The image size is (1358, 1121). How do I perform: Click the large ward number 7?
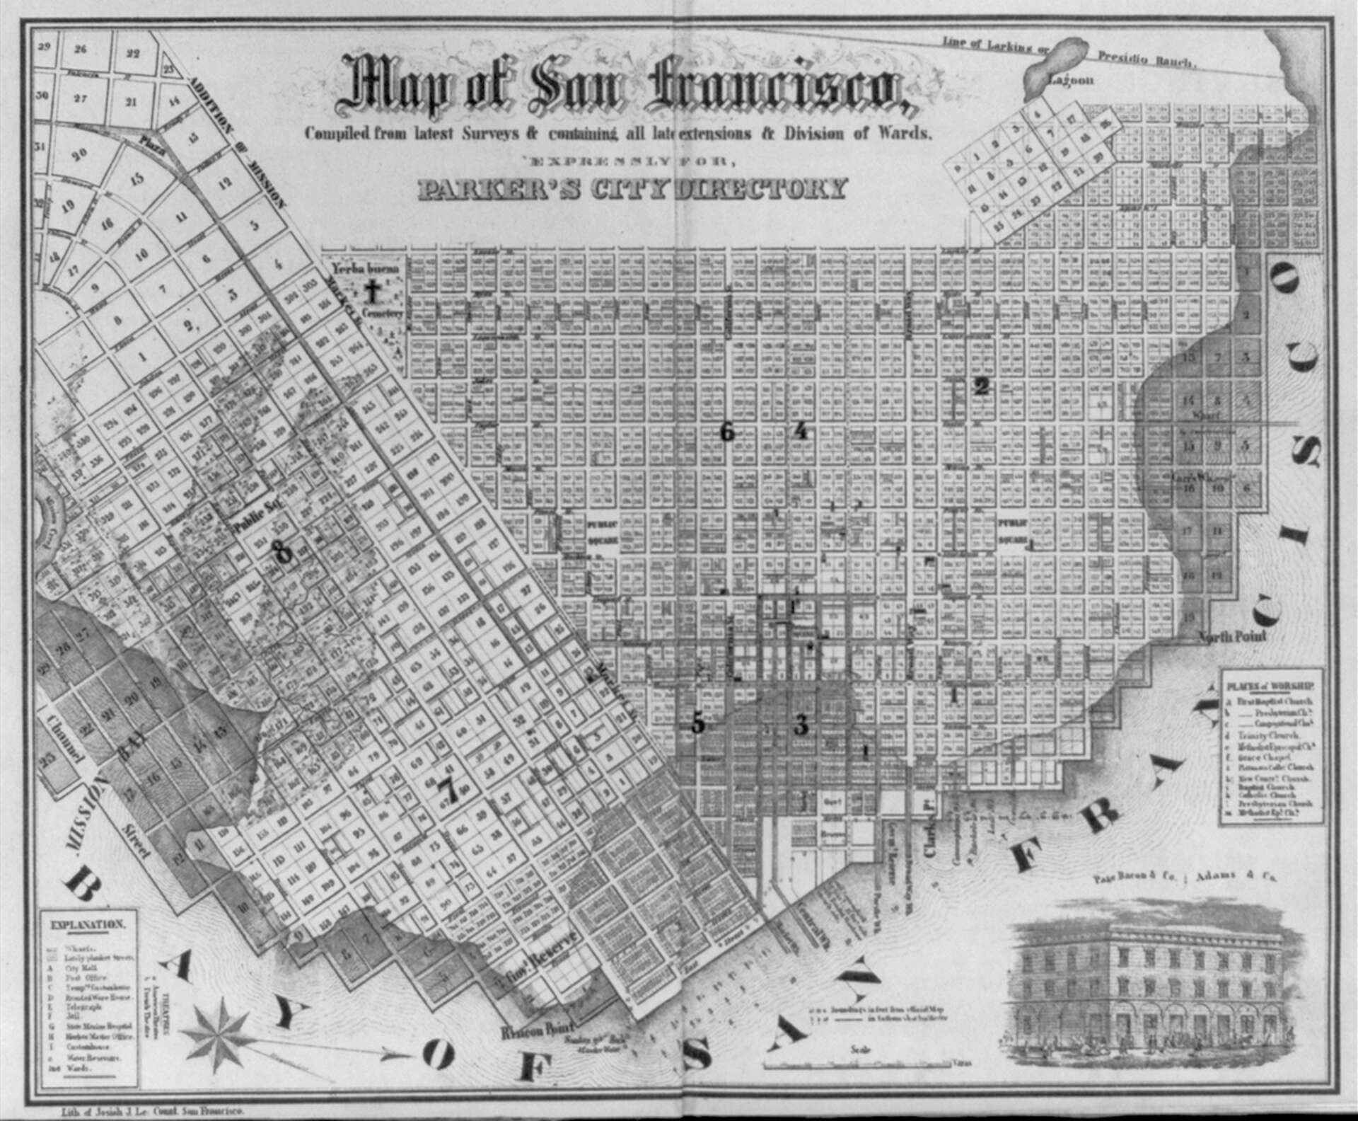coord(448,789)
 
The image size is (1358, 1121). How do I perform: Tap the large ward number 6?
coord(726,431)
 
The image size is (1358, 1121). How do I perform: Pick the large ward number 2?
coord(981,386)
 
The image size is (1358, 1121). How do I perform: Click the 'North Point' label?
coord(1233,637)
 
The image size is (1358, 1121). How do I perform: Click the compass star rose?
coord(221,1028)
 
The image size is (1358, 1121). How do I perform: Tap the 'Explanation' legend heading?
coord(88,924)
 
